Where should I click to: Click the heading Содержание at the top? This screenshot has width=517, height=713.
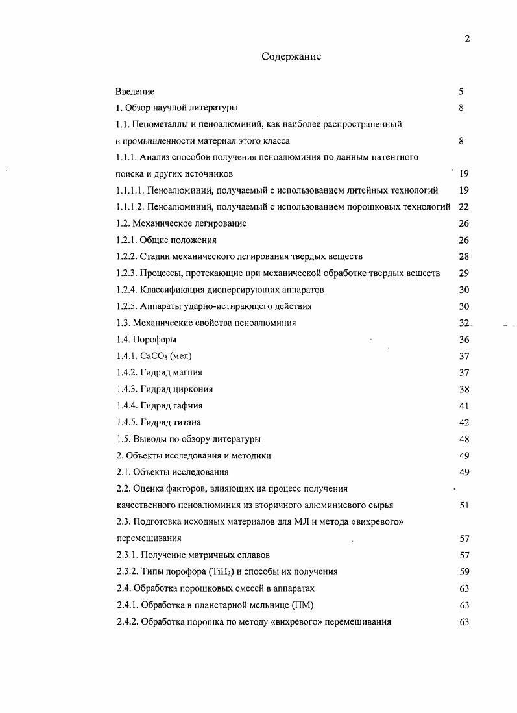click(291, 56)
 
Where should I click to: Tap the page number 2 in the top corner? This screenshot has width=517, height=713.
click(466, 38)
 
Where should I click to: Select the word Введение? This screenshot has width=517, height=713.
click(135, 92)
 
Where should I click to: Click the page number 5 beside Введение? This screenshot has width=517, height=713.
click(461, 92)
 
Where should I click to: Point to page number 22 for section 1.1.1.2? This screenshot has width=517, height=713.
click(463, 207)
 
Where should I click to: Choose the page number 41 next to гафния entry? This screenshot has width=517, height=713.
click(463, 405)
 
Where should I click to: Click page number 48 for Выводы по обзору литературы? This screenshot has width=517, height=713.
click(463, 439)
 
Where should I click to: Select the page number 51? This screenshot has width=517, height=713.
click(463, 505)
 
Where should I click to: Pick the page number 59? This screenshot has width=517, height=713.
click(463, 571)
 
